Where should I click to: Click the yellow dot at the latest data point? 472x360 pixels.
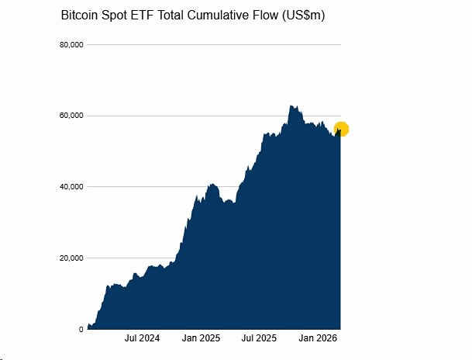point(341,129)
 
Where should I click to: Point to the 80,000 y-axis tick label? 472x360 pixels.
point(71,45)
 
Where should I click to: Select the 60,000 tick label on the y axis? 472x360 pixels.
point(71,116)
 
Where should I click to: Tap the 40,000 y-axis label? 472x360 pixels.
point(71,187)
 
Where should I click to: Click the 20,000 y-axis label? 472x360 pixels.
point(71,258)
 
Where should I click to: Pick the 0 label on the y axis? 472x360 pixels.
point(81,330)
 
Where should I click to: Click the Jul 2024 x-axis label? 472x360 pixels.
point(142,339)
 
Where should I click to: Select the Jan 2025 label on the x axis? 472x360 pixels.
point(201,339)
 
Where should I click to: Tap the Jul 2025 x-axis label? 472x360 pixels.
point(259,339)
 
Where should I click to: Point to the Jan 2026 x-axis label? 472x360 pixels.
point(318,339)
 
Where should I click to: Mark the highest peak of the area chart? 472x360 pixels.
point(291,106)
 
